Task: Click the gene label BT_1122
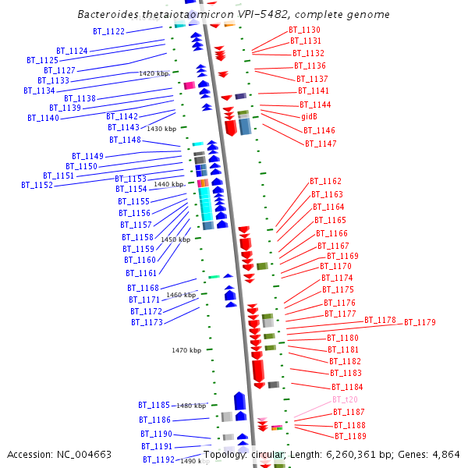[x=109, y=31]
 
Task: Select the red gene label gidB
[x=309, y=116]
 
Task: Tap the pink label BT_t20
[x=345, y=399]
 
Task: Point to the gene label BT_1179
[x=420, y=322]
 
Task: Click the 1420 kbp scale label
[x=154, y=73]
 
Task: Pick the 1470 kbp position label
[x=186, y=350]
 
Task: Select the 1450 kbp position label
[x=175, y=239]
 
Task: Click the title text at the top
[x=234, y=15]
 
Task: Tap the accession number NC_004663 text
[x=59, y=454]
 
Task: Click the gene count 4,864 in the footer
[x=445, y=454]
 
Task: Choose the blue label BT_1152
[x=37, y=186]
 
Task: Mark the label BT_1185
[x=154, y=405]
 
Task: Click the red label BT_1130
[x=304, y=30]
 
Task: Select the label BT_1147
[x=321, y=144]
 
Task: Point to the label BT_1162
[x=325, y=181]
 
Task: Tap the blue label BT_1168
[x=144, y=289]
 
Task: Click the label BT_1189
[x=350, y=437]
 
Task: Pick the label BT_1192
[x=158, y=459]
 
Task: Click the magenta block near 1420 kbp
[x=188, y=85]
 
